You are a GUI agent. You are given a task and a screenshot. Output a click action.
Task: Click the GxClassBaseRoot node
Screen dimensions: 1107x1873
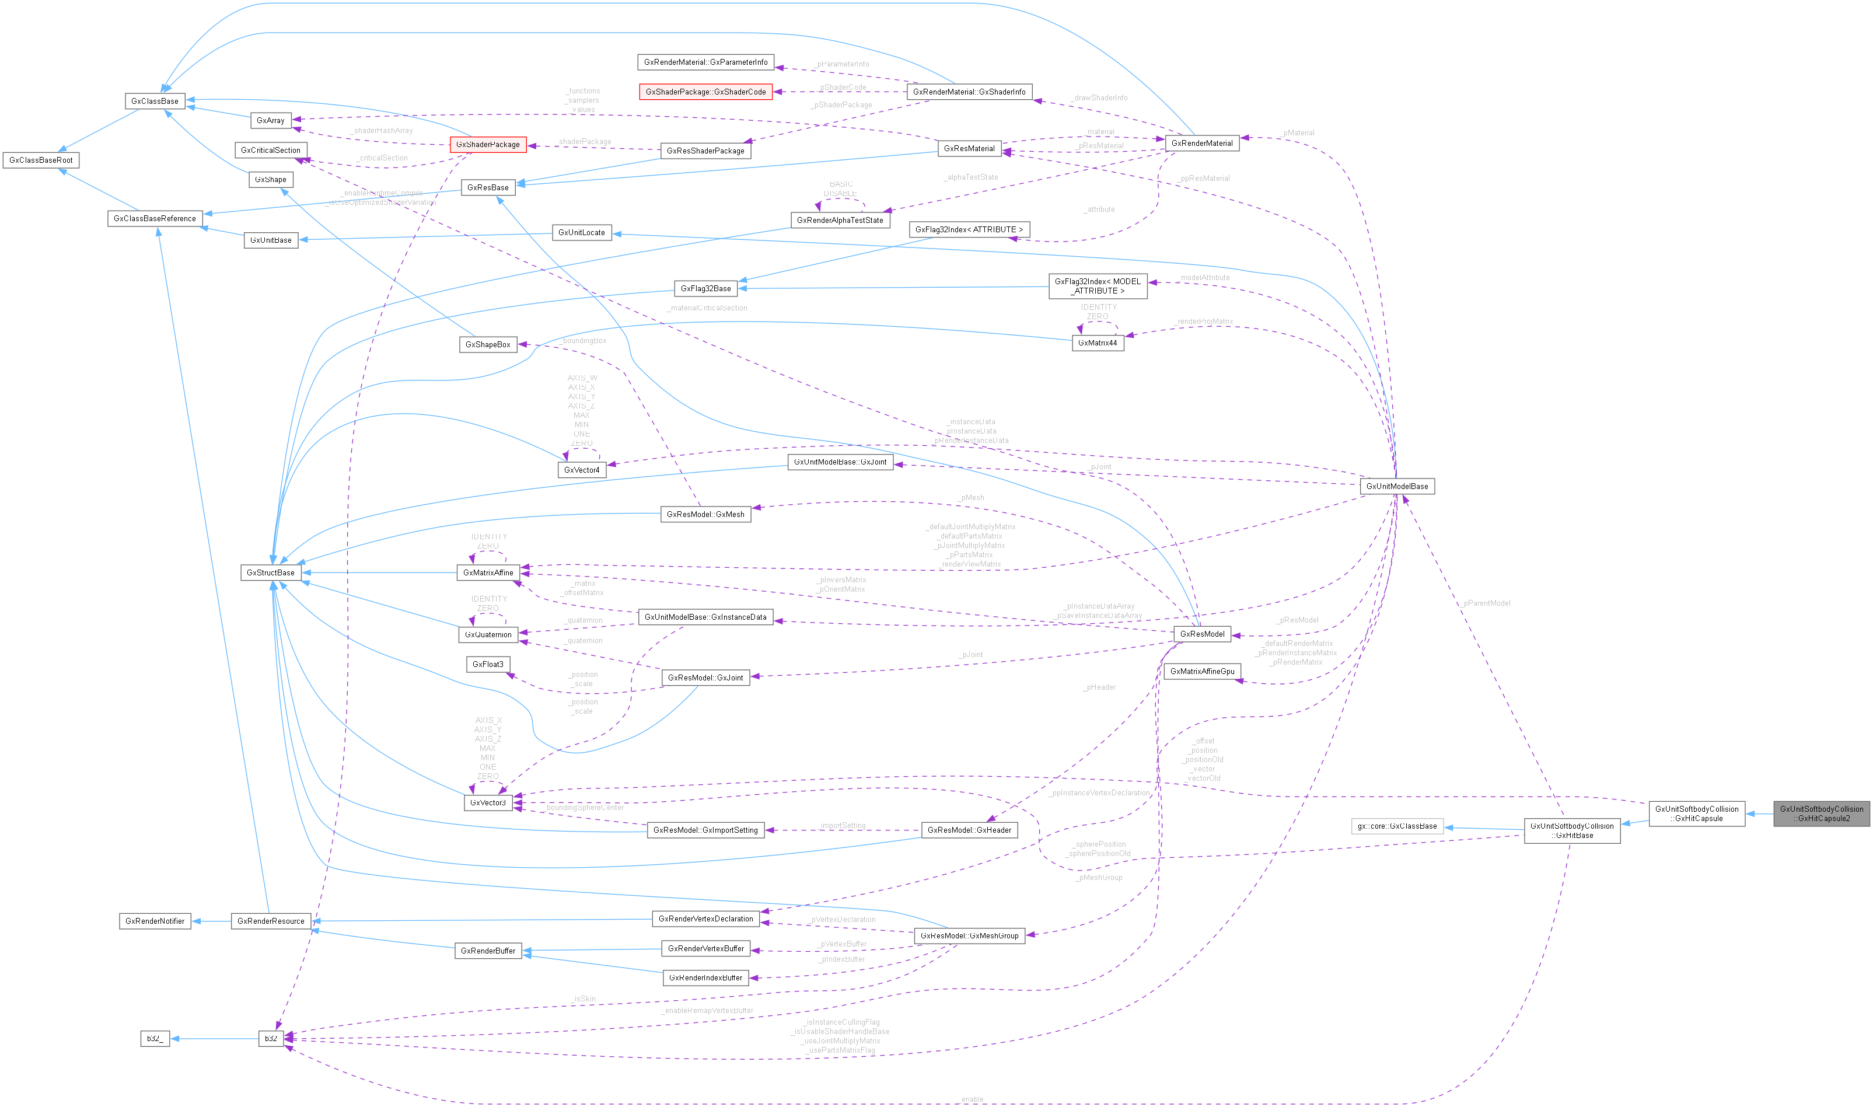[x=40, y=160]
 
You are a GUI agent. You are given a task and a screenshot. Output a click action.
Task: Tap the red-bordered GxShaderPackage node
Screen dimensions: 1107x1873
[x=488, y=144]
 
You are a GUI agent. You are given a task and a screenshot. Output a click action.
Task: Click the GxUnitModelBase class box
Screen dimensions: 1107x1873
[x=1396, y=486]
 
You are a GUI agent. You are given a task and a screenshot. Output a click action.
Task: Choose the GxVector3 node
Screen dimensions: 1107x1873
[x=488, y=802]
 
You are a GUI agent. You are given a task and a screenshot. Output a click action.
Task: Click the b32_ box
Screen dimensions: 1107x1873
[x=155, y=1038]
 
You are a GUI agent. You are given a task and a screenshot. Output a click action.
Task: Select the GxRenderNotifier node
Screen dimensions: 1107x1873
[x=155, y=921]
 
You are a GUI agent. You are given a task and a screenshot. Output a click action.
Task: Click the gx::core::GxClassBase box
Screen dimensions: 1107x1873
[x=1396, y=826]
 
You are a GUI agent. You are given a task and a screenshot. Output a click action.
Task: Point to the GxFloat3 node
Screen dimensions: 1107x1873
[x=488, y=664]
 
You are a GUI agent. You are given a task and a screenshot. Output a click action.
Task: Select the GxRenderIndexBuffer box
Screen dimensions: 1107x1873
[x=705, y=978]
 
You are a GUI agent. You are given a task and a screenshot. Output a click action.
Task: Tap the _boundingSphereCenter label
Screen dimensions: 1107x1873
[x=584, y=807]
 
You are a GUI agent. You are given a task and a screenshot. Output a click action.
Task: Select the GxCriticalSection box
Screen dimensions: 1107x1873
[x=270, y=151]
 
